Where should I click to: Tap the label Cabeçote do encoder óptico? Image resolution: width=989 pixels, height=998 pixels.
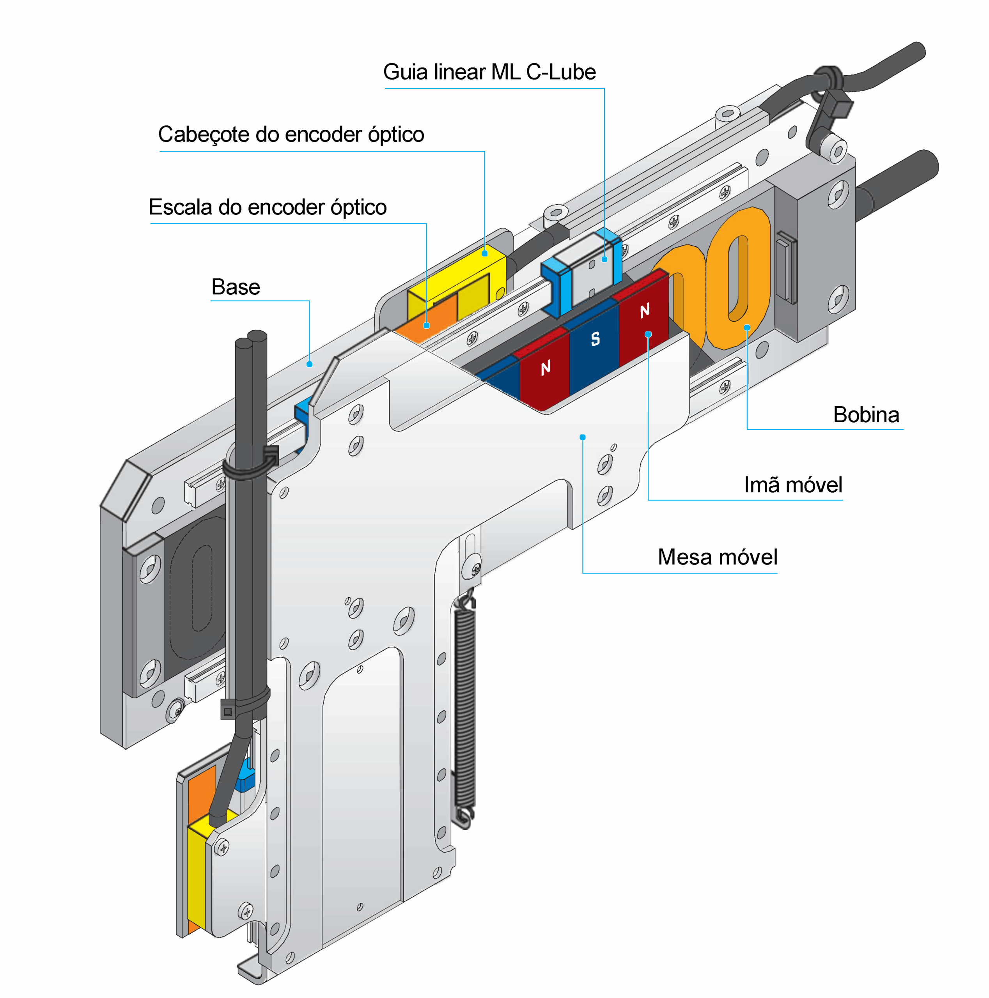click(x=291, y=134)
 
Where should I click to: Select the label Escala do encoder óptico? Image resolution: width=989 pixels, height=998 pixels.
click(x=268, y=207)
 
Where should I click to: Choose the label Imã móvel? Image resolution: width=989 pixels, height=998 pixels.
click(x=793, y=485)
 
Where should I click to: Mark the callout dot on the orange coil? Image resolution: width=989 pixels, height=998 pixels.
click(x=747, y=327)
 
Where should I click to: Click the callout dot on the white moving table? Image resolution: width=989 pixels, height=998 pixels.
click(x=582, y=437)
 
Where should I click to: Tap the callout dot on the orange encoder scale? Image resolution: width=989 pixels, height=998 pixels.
click(x=426, y=326)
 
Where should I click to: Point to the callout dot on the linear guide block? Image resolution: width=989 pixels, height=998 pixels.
click(x=604, y=259)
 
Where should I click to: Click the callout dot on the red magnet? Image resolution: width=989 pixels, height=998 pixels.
click(x=648, y=334)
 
